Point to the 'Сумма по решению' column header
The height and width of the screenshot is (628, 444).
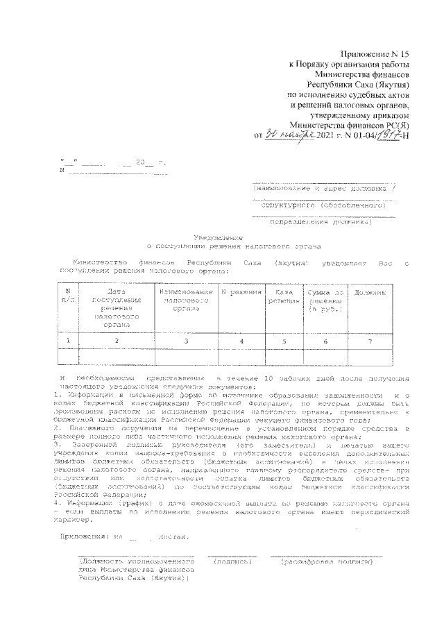pyautogui.click(x=325, y=301)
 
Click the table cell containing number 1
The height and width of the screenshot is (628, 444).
pyautogui.click(x=68, y=341)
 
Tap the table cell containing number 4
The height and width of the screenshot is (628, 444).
pyautogui.click(x=241, y=341)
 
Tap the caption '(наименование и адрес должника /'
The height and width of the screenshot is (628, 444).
pyautogui.click(x=325, y=188)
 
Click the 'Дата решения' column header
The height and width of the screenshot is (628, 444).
pyautogui.click(x=282, y=298)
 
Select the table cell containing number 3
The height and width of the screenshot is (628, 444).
pyautogui.click(x=185, y=341)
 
